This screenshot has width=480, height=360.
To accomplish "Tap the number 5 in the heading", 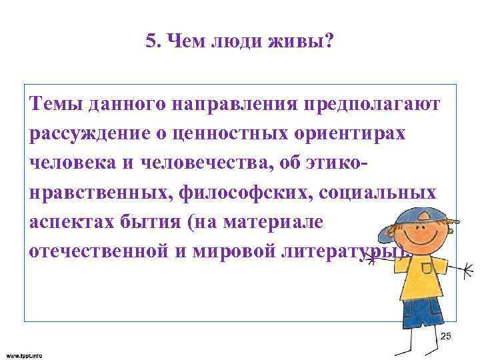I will [149, 43].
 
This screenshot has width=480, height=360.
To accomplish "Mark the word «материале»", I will [283, 221].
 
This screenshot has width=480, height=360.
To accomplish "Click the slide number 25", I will [446, 336].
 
